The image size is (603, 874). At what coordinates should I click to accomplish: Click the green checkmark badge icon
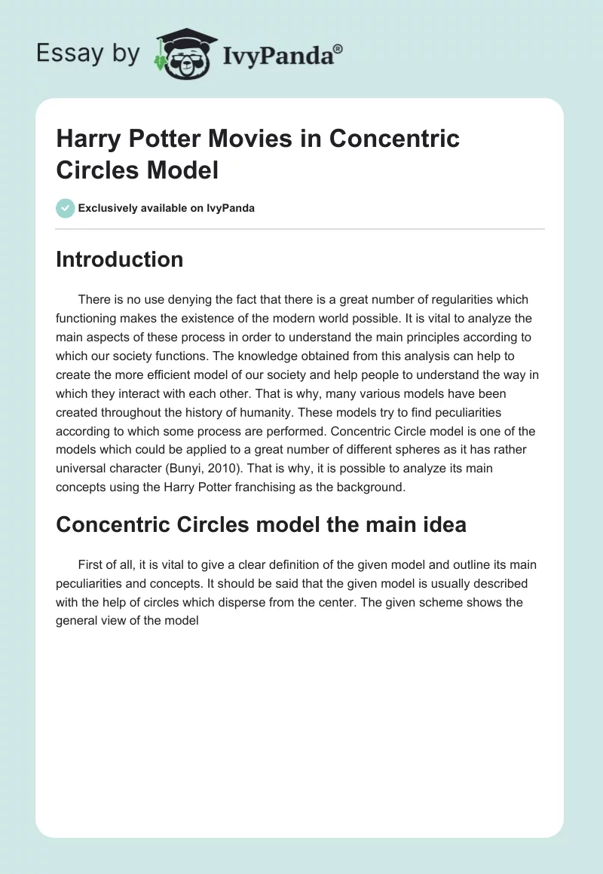click(66, 208)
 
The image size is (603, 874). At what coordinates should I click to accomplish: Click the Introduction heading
click(120, 259)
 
